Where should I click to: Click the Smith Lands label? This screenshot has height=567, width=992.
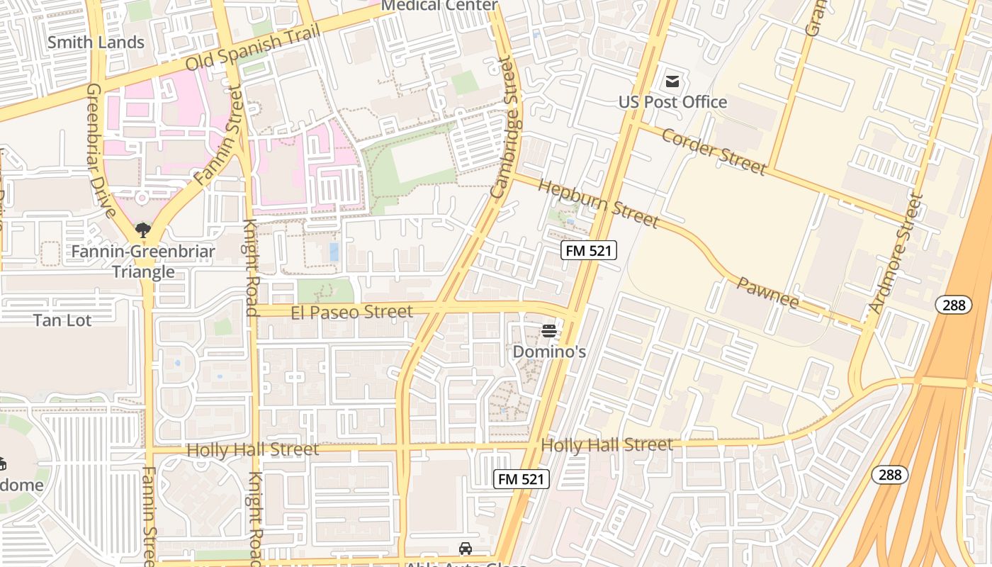coord(96,43)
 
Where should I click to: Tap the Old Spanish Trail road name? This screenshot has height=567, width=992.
coord(253,47)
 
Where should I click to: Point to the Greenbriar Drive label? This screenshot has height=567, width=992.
coord(100,150)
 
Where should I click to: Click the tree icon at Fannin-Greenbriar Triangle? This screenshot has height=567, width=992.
coord(143,230)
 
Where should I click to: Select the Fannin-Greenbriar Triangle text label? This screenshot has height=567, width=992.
coord(142,262)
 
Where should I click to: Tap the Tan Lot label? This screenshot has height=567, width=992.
coord(62,320)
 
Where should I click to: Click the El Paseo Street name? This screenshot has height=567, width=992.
coord(351,312)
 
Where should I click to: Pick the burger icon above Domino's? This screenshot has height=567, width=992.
coord(548,331)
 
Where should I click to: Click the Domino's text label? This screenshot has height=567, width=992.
coord(548,352)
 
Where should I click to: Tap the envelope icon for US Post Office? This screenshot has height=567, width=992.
coord(672,82)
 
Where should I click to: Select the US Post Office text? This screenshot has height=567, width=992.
coord(672,102)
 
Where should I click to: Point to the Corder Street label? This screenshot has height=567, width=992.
coord(713,150)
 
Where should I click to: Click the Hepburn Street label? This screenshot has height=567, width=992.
coord(599,203)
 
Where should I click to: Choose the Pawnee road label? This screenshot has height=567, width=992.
coord(768,293)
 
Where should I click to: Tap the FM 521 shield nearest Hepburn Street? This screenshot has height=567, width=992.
coord(589,250)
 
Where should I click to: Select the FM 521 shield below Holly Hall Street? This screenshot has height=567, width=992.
coord(521,479)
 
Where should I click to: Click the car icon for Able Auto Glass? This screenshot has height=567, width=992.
coord(466,549)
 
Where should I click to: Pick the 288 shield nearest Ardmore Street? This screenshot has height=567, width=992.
coord(953,305)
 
